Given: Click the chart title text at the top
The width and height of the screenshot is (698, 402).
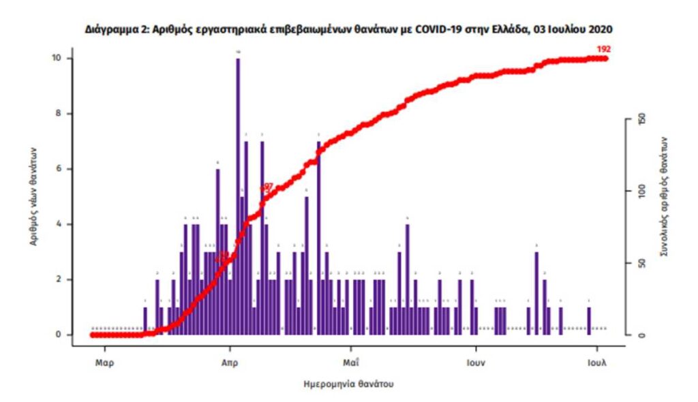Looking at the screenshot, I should point(348,31).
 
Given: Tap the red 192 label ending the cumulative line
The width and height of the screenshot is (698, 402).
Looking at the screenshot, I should point(603,49).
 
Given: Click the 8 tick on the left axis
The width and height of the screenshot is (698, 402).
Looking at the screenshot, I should point(59,114).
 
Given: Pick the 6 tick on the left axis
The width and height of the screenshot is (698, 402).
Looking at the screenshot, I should point(59,169).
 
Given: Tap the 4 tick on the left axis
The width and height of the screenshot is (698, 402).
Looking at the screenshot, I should point(59,224).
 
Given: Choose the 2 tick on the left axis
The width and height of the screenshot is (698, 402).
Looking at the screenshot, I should point(59,279).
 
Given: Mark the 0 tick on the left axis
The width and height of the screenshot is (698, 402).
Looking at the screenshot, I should point(59,335).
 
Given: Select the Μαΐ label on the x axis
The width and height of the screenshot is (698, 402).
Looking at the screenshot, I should point(350,362).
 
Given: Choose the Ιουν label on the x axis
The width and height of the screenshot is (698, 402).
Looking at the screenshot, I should point(475,362).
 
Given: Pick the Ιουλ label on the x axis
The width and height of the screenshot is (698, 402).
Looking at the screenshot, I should point(596,362).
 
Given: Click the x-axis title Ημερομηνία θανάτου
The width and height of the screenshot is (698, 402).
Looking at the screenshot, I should point(348,384).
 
